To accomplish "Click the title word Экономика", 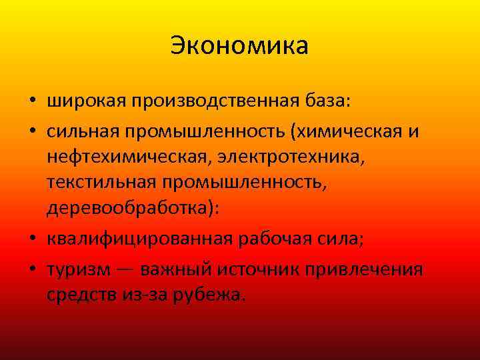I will click(x=239, y=46).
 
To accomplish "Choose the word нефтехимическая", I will click(x=127, y=157).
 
